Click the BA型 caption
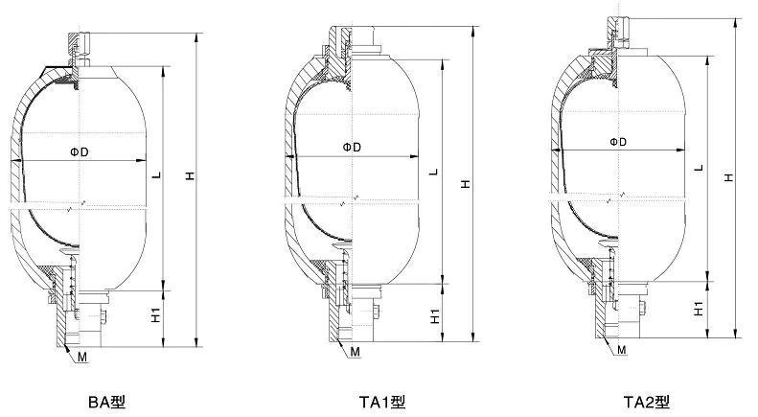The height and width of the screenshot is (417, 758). (x=106, y=402)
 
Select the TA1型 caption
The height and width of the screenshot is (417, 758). (x=382, y=402)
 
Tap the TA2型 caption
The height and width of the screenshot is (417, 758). (x=646, y=402)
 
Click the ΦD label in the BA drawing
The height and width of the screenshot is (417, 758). (x=80, y=152)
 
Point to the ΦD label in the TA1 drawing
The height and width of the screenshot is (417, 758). (x=352, y=148)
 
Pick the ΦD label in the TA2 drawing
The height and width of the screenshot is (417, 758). (x=618, y=142)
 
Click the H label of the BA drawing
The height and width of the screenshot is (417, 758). (x=191, y=175)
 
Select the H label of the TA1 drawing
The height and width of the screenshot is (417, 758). (x=465, y=184)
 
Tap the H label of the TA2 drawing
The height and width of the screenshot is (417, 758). (x=729, y=177)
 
